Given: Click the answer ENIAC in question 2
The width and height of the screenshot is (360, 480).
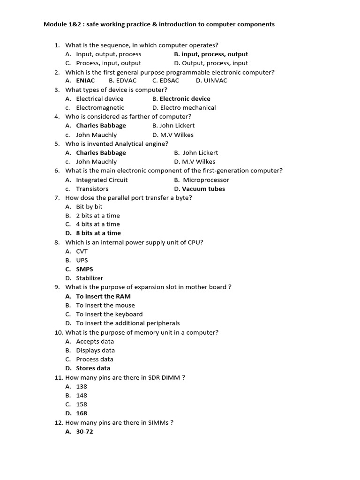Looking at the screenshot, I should coord(85,81).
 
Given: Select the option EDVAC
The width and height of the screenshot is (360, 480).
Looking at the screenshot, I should coord(126,81).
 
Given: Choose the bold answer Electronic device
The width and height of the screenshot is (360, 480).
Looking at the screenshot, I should coord(185,99).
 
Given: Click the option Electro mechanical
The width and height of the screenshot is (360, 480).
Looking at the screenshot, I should coord(188,108).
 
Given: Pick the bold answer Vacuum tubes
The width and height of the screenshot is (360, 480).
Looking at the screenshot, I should coord(203,189).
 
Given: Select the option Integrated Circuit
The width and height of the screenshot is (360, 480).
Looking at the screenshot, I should coord(102,180).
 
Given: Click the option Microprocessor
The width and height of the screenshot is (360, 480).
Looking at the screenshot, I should coord(206,180).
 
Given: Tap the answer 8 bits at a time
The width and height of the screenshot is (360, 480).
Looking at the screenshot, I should coord(98,233).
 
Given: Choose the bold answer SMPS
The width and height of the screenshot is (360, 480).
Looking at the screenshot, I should coord(84,269).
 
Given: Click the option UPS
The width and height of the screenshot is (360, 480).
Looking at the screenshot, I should coord(82,260).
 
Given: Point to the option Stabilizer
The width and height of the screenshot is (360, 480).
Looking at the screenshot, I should coord(90,278).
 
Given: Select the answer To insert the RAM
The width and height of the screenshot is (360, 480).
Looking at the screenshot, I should coord(103,296).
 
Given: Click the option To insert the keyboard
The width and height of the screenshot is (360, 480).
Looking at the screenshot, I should coord(109,314).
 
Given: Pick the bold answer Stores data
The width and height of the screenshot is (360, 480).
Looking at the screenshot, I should coord(93,368).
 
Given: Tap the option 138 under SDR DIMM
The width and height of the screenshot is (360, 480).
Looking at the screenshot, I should coord(82,386).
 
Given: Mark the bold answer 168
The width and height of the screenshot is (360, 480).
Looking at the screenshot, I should coord(82,413).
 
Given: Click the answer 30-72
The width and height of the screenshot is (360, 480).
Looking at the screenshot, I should coord(84,432).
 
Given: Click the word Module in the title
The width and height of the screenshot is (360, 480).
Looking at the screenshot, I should coord(56,24).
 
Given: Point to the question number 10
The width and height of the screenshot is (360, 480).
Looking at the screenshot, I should coord(58,332).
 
